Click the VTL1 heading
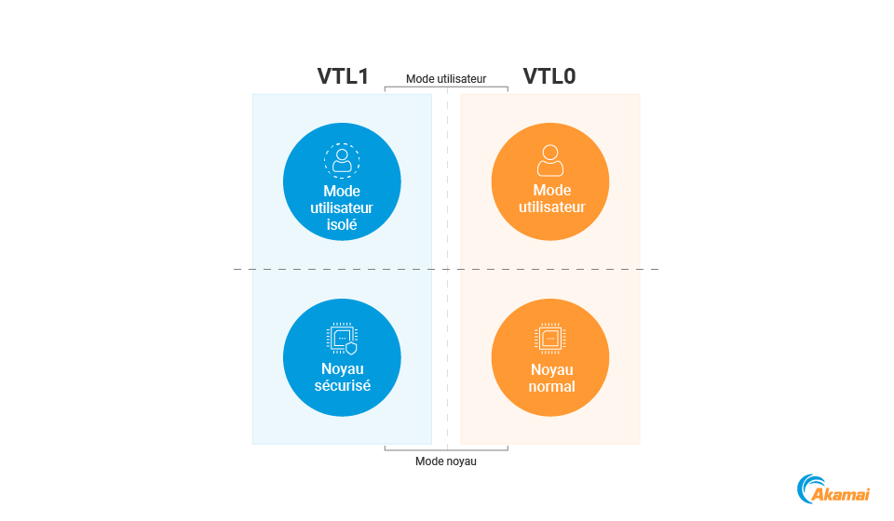[344, 76]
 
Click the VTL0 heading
[549, 76]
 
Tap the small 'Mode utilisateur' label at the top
[446, 79]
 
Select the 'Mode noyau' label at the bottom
[446, 461]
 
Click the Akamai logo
[834, 490]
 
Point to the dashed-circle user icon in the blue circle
[342, 160]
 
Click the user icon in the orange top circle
[550, 160]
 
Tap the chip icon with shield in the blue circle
[342, 340]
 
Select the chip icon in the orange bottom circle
[550, 339]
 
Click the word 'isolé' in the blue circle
[342, 225]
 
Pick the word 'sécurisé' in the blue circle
[342, 386]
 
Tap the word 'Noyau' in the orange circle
[551, 370]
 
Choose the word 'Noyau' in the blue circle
[342, 369]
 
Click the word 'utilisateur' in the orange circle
[551, 207]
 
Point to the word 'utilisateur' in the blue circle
[342, 208]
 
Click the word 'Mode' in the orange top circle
[551, 191]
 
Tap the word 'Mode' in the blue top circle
[342, 192]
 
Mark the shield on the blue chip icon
[351, 349]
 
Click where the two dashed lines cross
[448, 270]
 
